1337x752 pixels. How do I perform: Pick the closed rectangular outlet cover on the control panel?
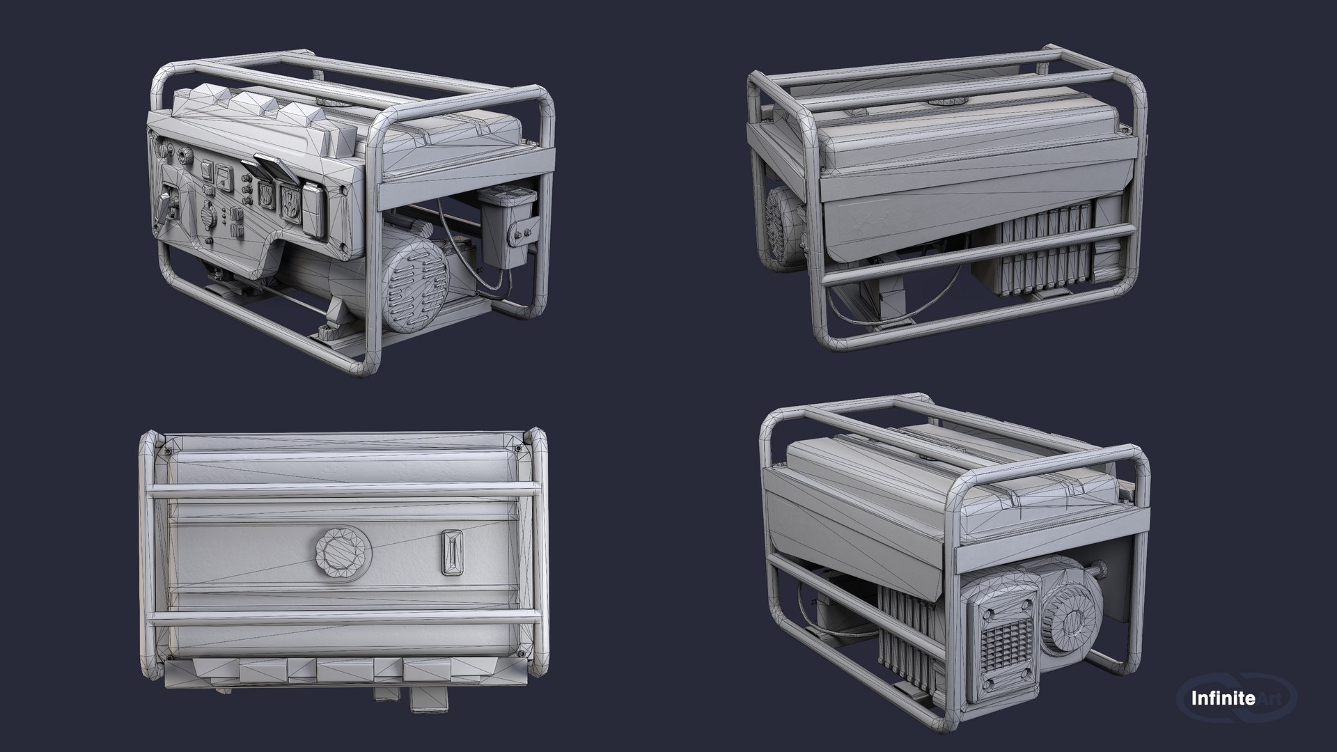click(x=314, y=206)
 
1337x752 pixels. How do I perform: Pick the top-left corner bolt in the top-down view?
click(x=168, y=451)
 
